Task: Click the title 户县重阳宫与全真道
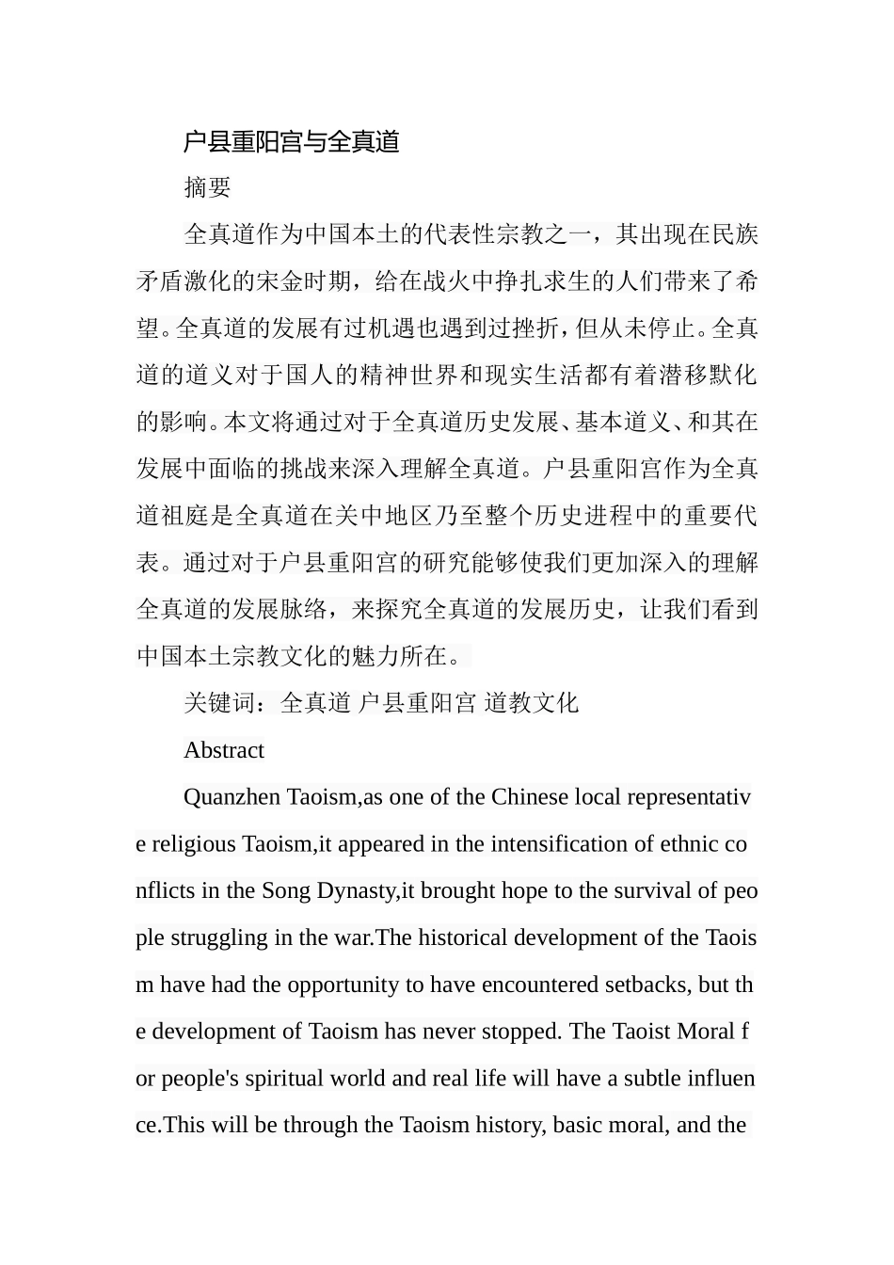coord(292,142)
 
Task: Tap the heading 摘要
coord(207,188)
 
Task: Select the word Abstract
coord(224,750)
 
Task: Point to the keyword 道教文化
coord(532,703)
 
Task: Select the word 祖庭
coord(196,516)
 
